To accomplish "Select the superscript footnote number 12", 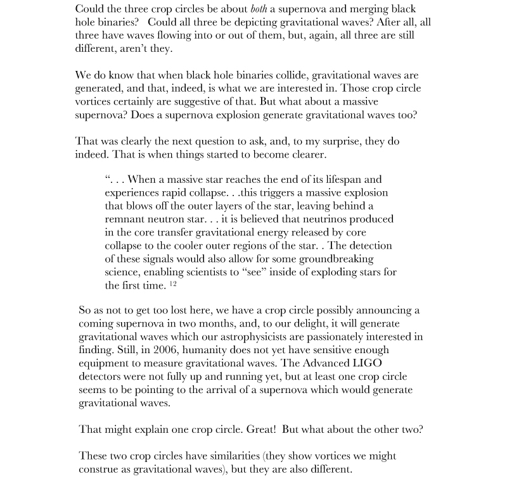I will pyautogui.click(x=173, y=284).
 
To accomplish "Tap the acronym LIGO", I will pyautogui.click(x=367, y=363).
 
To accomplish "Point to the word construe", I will pyautogui.click(x=99, y=469).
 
